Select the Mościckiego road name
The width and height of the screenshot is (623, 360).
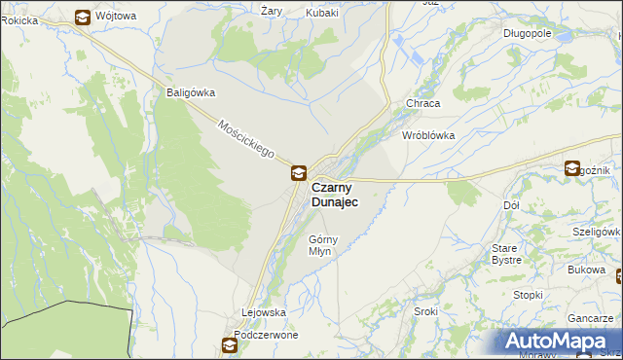(x=247, y=141)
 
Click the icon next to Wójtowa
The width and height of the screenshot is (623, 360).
(x=84, y=17)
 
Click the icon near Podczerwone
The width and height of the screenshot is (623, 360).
(x=230, y=345)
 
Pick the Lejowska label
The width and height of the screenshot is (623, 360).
(x=263, y=312)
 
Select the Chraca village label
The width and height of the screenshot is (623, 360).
(x=423, y=102)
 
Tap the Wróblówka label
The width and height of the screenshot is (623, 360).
(x=428, y=135)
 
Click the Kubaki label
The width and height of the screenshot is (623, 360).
(x=321, y=13)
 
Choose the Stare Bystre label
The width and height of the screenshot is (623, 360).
(x=506, y=254)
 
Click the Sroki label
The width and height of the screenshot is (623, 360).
(x=425, y=311)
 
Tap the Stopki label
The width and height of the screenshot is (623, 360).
(x=528, y=295)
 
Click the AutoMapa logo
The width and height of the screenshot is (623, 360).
(x=561, y=341)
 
